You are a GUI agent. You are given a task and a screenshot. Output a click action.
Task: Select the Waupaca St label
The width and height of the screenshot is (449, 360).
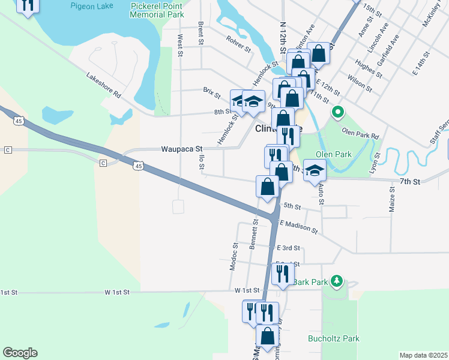[182, 148]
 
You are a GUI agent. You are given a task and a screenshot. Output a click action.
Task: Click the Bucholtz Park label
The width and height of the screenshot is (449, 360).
[334, 338]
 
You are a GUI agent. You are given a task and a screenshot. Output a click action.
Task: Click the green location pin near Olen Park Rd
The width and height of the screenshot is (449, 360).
[337, 112]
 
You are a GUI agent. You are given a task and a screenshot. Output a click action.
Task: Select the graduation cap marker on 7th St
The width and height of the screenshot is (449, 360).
[314, 171]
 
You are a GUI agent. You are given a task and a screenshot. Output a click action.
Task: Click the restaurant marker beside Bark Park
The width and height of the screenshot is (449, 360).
[282, 274]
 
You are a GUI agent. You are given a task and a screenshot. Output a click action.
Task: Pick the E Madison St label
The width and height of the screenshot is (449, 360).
[298, 226]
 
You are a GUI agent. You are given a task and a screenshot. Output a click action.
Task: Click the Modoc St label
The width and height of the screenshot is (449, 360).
[234, 256]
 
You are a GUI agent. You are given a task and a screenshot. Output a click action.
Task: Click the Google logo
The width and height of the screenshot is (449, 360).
[20, 353]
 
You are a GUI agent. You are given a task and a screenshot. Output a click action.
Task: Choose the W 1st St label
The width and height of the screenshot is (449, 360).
[117, 292]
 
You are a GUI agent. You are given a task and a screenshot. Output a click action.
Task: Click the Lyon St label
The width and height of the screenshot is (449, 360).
[378, 163]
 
